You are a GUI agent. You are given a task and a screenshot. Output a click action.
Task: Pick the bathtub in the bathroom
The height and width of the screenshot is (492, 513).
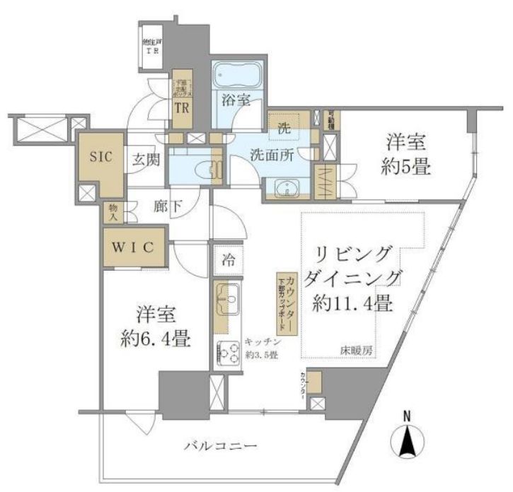click(x=238, y=74)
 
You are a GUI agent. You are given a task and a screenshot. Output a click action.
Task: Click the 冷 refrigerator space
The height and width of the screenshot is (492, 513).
click(x=228, y=259)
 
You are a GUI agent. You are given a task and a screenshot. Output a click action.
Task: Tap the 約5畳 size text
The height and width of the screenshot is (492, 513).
click(x=405, y=168)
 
